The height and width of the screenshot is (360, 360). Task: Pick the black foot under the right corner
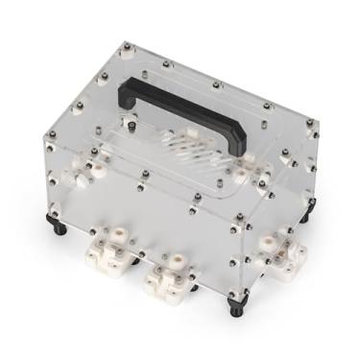click(x=305, y=218)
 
